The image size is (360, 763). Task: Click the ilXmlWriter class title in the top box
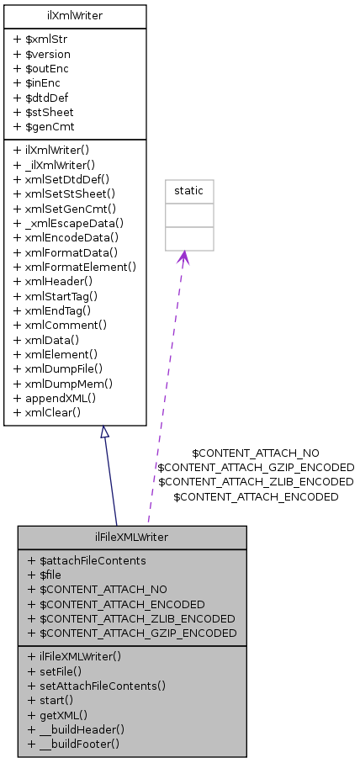tap(75, 14)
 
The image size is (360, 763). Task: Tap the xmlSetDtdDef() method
tap(68, 179)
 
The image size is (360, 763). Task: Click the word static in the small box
tap(188, 191)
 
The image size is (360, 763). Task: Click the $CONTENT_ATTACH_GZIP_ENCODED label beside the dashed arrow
tap(256, 467)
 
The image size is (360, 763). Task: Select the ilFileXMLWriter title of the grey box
tap(131, 537)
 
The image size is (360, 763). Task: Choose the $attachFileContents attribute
tap(87, 560)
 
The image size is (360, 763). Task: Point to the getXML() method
tap(57, 714)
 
